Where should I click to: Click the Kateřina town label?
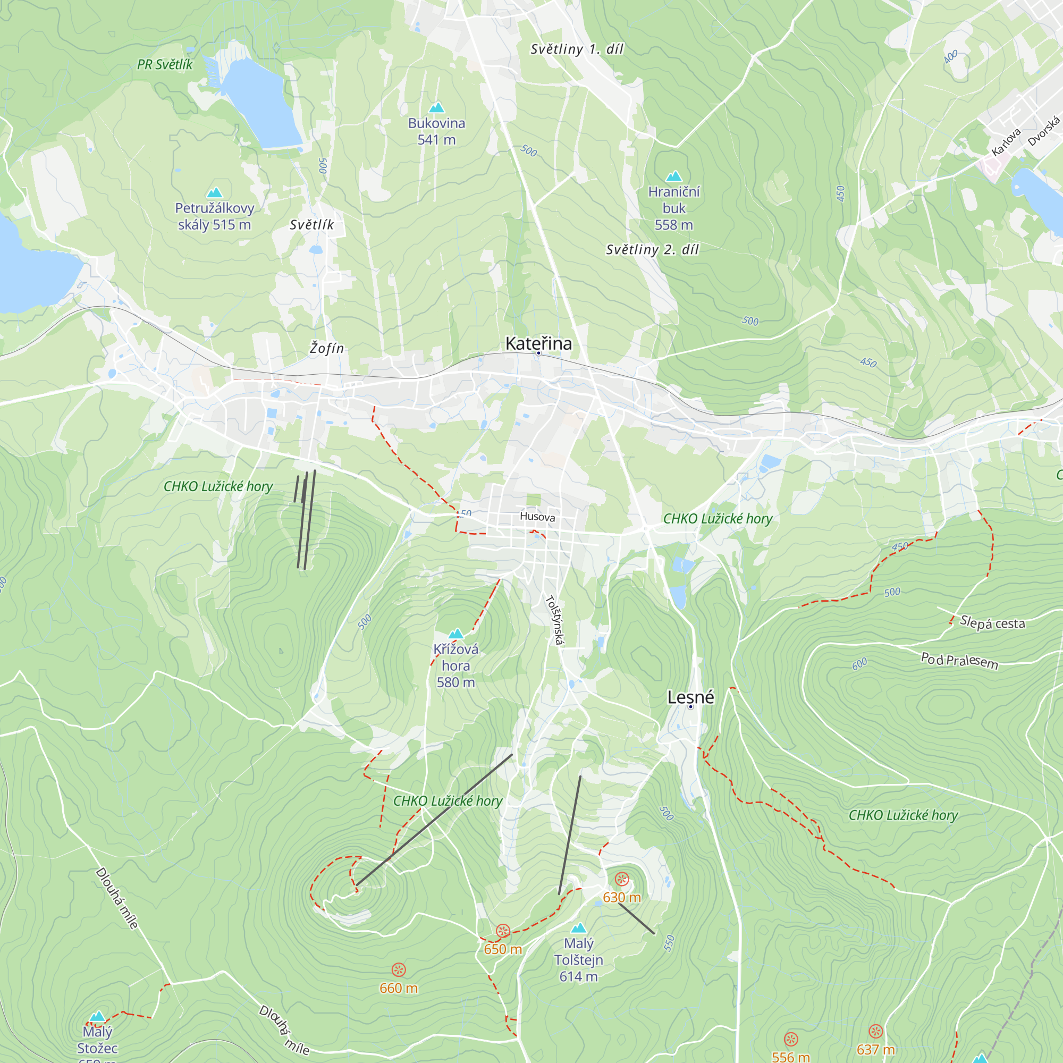coord(538,344)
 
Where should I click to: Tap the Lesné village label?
coord(690,697)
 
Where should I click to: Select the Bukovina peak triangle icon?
coord(436,107)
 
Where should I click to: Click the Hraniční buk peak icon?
coord(674,176)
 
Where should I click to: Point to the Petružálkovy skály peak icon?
coord(215,192)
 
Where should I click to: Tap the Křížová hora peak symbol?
coord(455,634)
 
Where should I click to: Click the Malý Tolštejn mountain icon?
coord(578,928)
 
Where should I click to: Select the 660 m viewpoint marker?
coord(398,969)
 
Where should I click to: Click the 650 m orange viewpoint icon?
coord(503,931)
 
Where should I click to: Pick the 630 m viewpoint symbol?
coord(622,879)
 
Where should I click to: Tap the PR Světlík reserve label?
coord(165,65)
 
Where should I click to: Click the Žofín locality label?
coord(326,348)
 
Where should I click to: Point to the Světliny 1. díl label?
coord(577,49)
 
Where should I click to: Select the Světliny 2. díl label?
coord(652,250)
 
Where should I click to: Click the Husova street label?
coord(537,517)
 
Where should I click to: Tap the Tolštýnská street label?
coord(554,619)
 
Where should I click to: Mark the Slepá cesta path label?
coord(992,623)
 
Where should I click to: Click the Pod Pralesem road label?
coord(959,660)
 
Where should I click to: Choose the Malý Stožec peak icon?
coord(97,1016)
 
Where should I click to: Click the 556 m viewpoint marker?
coord(791,1039)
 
